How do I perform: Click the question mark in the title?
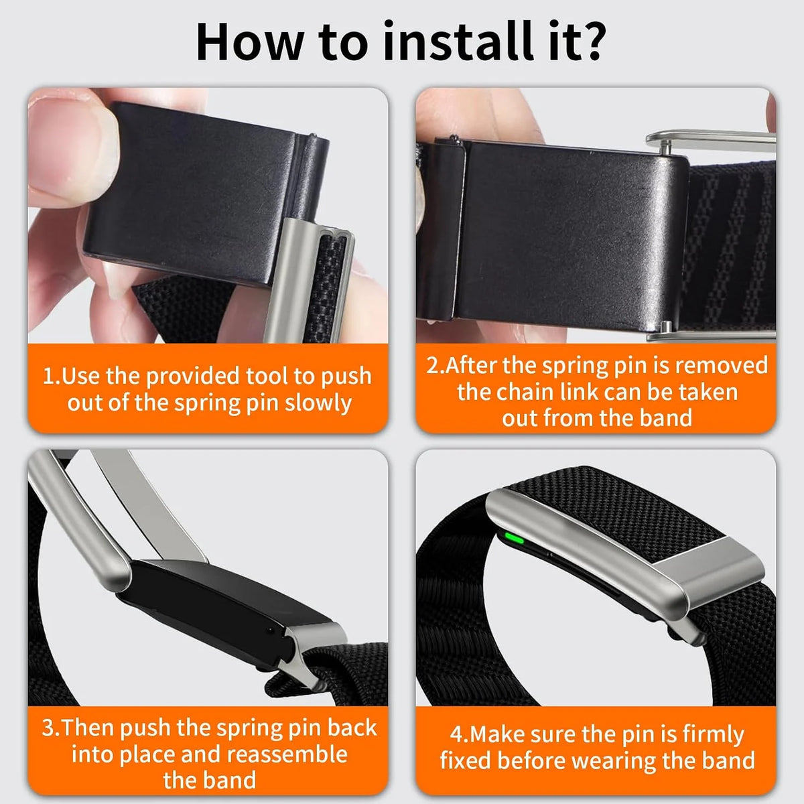coord(590,41)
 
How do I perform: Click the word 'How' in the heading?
coord(249,42)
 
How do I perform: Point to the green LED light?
coord(514,540)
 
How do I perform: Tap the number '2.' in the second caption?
coord(435,366)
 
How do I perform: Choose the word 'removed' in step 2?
coord(721,365)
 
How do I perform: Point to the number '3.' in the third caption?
coord(52,728)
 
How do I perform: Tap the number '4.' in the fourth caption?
coord(460,734)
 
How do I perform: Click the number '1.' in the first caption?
coord(52,376)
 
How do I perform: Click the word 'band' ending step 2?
coord(667,418)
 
